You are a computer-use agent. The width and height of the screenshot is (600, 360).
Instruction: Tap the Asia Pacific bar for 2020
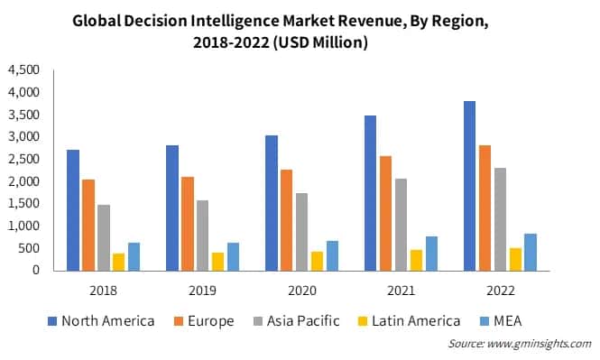(300, 231)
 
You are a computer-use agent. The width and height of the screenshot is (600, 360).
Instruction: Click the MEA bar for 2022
(530, 252)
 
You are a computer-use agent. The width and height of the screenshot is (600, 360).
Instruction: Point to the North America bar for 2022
(468, 185)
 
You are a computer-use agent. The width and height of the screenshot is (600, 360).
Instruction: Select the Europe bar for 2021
(386, 213)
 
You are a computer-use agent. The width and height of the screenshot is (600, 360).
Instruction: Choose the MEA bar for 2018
(134, 256)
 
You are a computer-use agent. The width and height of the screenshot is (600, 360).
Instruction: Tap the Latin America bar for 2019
(217, 261)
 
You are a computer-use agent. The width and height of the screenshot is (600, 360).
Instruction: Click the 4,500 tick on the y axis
(23, 70)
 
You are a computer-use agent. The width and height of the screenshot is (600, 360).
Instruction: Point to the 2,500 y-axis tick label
(23, 159)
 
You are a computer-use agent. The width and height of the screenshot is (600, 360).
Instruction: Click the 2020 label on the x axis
(300, 291)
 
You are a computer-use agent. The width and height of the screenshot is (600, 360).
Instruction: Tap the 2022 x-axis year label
(499, 291)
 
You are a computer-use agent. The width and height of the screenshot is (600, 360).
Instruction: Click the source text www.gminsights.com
(539, 345)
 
